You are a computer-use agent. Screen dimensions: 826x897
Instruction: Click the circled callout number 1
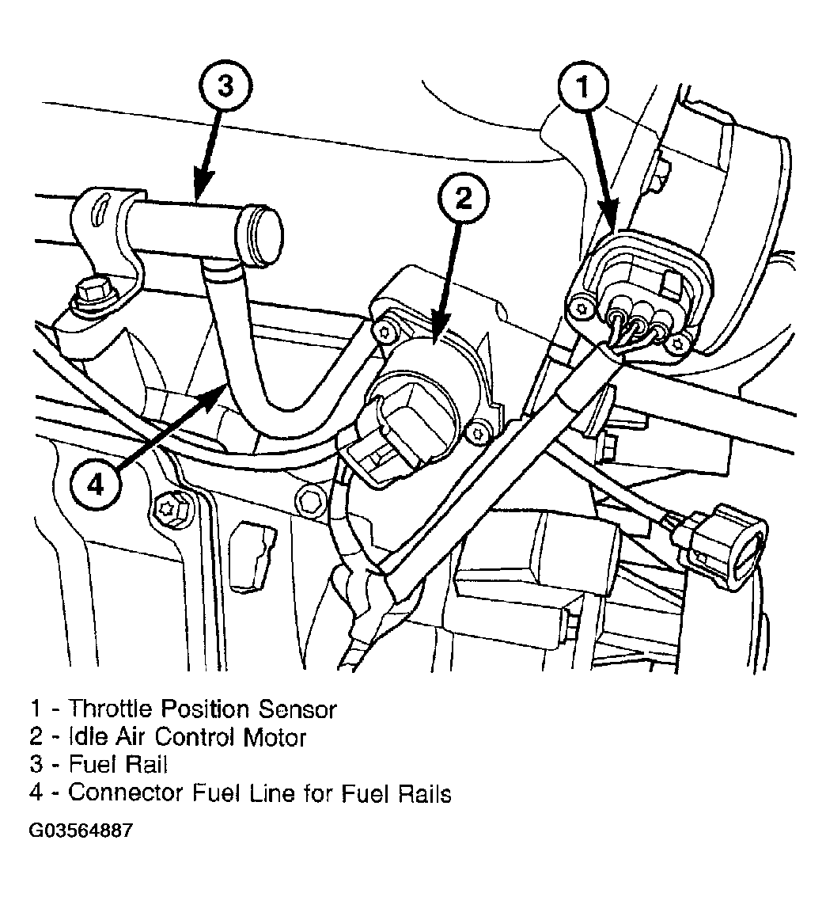click(x=584, y=88)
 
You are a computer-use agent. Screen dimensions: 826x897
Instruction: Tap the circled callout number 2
click(x=464, y=199)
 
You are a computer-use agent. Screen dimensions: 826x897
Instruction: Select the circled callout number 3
click(x=225, y=86)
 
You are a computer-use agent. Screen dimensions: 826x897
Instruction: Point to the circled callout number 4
click(x=96, y=485)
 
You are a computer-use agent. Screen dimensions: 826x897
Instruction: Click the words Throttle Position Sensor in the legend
click(x=203, y=709)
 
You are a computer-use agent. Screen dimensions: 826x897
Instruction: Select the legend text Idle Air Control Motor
click(x=187, y=737)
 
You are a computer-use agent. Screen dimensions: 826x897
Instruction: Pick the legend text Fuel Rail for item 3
click(x=118, y=764)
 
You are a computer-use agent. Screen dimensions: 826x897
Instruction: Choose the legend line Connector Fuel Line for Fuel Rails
click(x=260, y=792)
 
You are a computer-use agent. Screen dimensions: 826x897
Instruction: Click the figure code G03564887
click(x=81, y=830)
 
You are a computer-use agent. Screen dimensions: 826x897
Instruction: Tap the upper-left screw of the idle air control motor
click(x=382, y=333)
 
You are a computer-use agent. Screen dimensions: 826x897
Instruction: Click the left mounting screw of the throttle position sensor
click(x=582, y=310)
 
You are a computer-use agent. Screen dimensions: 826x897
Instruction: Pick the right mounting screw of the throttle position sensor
click(x=678, y=344)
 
